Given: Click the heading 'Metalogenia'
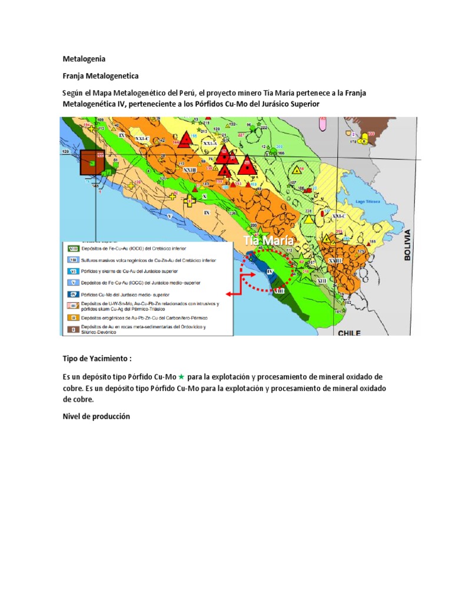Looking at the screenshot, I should (x=85, y=59).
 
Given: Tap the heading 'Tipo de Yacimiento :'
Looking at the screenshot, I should (x=98, y=359).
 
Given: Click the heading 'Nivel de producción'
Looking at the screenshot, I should (x=97, y=416).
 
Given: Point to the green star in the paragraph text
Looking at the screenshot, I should (x=182, y=376).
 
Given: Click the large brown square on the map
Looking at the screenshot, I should (x=91, y=163).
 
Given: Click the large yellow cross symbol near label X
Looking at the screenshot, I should (x=189, y=201).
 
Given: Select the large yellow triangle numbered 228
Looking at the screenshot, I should (x=309, y=219).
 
